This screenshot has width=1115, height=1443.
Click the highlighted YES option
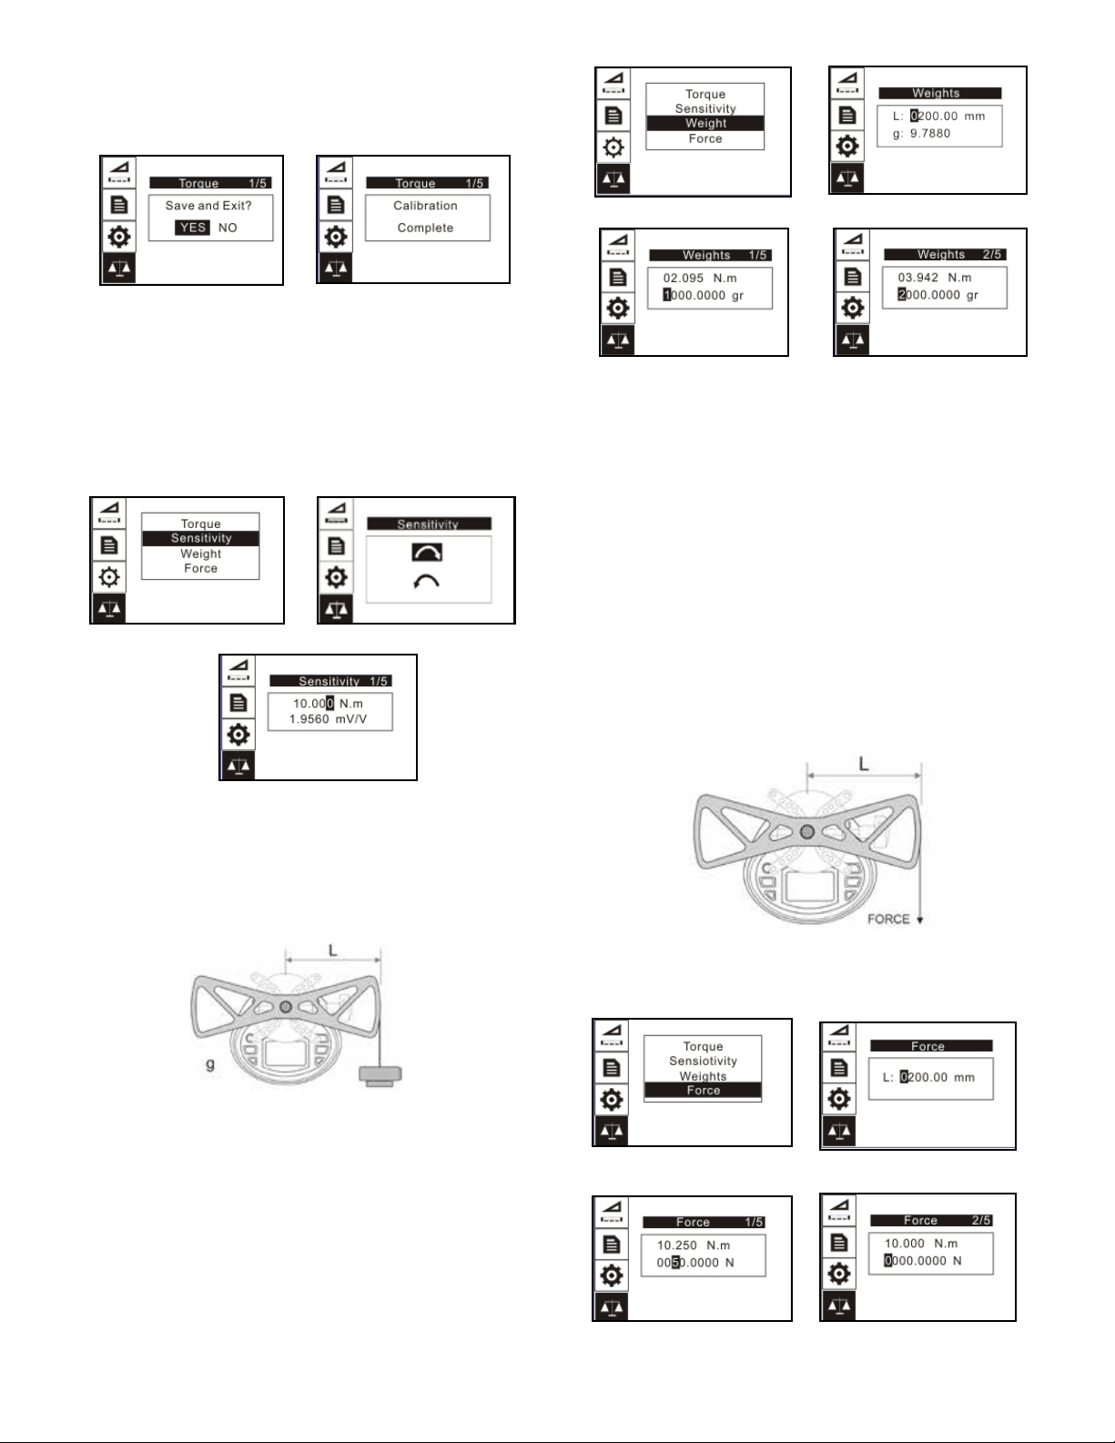coord(193,228)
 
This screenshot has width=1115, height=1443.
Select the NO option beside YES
coord(228,228)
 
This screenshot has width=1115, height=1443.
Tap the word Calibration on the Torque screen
coord(425,206)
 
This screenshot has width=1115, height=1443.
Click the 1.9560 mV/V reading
coord(328,719)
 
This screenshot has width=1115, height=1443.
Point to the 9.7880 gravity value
coord(930,134)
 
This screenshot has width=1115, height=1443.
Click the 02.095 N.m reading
coord(700,279)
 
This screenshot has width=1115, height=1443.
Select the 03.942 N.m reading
coord(935,278)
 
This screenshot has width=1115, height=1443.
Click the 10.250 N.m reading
coord(694,1245)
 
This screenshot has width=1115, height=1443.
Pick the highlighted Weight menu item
coord(705,124)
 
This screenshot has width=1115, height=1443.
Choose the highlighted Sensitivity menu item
coord(200,539)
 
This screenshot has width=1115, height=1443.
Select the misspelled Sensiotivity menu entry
coord(703,1062)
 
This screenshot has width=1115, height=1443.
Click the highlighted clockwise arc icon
coord(427,553)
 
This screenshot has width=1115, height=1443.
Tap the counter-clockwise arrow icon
coord(426,582)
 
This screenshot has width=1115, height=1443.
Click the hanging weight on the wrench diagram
coord(380,1075)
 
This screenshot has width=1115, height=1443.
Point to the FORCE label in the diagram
coord(888,919)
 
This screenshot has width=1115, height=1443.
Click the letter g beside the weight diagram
coord(210,1064)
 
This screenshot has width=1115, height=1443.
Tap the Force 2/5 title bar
coord(931,1221)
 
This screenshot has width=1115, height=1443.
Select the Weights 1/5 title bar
coord(710,255)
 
